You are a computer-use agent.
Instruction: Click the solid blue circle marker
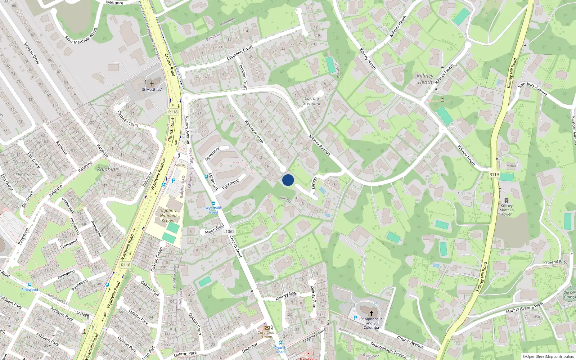[288, 180]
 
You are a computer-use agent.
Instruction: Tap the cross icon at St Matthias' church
[152, 84]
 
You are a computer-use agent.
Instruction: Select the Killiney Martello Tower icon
[507, 201]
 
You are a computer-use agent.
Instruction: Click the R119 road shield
[494, 175]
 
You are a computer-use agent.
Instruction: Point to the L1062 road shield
[229, 231]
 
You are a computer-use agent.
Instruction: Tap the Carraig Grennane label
[312, 101]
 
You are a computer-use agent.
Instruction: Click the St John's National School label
[168, 216]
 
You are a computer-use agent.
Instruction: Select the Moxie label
[180, 165]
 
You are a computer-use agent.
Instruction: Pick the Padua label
[510, 166]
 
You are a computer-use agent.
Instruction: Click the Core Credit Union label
[267, 335]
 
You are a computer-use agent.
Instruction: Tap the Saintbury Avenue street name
[532, 89]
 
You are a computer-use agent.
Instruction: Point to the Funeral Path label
[555, 262]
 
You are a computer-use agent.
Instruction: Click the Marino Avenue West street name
[524, 307]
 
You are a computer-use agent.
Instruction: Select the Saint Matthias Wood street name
[81, 36]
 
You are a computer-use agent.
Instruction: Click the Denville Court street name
[128, 119]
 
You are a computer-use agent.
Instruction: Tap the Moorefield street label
[215, 229]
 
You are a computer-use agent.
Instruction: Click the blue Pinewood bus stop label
[30, 289]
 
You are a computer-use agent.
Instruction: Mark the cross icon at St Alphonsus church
[371, 313]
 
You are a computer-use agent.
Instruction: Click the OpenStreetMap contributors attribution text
[548, 356]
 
